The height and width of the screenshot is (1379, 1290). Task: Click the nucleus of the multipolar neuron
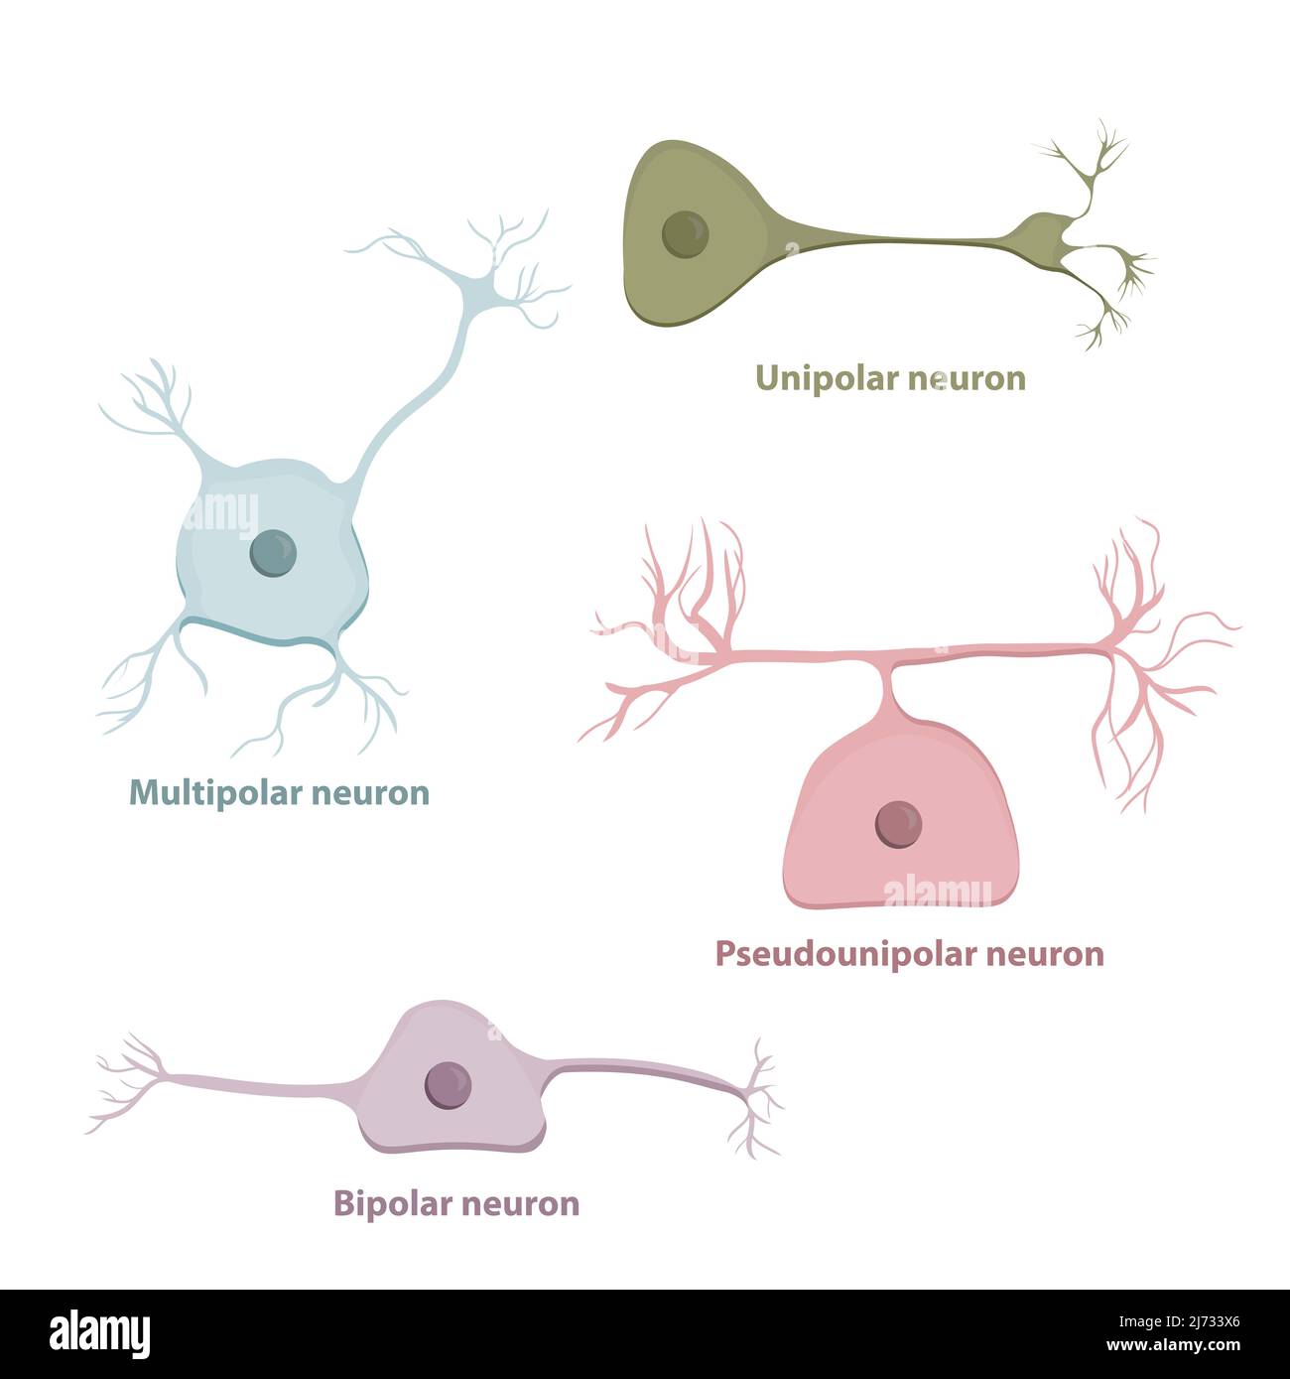(x=273, y=552)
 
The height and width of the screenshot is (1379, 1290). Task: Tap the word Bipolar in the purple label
(x=387, y=1203)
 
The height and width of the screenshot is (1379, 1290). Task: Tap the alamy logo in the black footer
(x=99, y=1333)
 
